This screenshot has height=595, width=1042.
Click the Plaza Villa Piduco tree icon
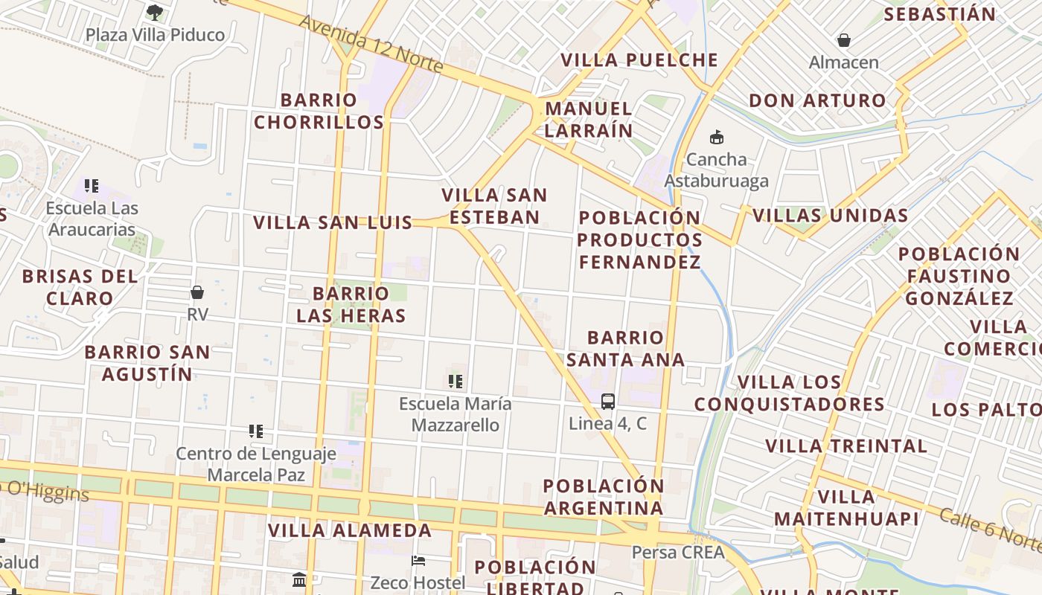[x=155, y=12]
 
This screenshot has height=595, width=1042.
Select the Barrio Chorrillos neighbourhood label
[x=319, y=111]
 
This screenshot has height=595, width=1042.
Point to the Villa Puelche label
[x=639, y=60]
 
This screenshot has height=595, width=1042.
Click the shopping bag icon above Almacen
[x=844, y=39]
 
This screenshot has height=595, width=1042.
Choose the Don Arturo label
[x=818, y=100]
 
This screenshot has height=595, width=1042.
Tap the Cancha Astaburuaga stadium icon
[x=717, y=137]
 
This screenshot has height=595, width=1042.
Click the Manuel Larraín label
[x=589, y=119]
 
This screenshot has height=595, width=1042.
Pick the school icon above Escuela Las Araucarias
[x=92, y=186]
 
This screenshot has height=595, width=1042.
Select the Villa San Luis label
[x=333, y=222]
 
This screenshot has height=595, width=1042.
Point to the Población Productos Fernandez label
[x=639, y=239]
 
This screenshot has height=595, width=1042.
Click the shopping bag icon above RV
[x=197, y=292]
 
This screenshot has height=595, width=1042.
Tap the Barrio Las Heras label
[x=351, y=304]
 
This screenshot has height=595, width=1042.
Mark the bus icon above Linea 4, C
[x=608, y=402]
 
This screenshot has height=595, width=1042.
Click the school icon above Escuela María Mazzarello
[x=456, y=382]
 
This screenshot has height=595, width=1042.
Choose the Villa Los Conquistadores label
[x=789, y=393]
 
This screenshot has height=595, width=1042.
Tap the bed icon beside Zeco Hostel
[x=419, y=560]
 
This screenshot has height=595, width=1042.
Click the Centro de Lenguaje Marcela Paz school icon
[x=256, y=431]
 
